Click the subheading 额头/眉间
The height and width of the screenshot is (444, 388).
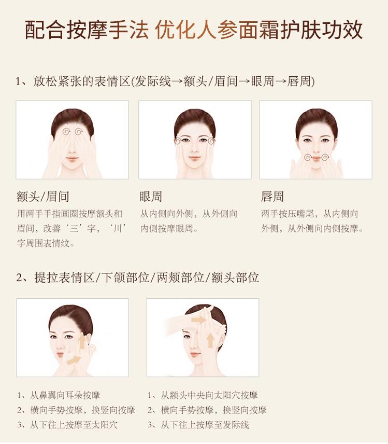coord(42,197)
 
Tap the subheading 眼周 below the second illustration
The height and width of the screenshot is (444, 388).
coord(150,197)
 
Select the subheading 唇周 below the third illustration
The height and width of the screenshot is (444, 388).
coord(272,197)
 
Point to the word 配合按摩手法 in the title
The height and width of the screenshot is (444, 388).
coord(87,30)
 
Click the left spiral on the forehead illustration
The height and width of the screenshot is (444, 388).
coord(67,131)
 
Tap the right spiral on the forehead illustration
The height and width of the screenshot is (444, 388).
coord(78,131)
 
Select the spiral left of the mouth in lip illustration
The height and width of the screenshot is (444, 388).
coord(308,157)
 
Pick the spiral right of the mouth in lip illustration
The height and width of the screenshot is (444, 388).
coord(325,157)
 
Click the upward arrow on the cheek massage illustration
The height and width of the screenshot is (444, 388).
coord(82,341)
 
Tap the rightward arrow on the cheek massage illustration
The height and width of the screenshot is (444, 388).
coord(74,360)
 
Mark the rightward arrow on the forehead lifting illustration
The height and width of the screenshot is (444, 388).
coord(199,320)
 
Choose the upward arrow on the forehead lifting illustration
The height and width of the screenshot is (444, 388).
coord(210,340)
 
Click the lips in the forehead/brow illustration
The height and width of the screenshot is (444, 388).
coord(73,159)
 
